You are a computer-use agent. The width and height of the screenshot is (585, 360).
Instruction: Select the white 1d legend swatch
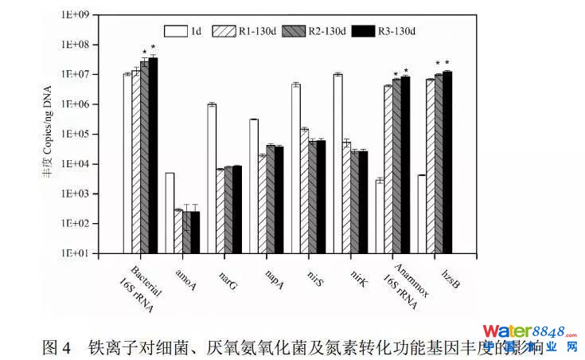click(174, 31)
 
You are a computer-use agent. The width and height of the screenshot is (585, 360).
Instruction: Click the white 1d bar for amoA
click(170, 213)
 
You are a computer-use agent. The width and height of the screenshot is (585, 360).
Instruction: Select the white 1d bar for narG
click(212, 178)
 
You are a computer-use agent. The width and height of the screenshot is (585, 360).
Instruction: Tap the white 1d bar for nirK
click(337, 163)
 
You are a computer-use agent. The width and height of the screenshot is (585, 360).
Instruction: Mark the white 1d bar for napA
click(254, 186)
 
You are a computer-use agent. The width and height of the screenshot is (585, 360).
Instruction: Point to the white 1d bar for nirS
click(296, 168)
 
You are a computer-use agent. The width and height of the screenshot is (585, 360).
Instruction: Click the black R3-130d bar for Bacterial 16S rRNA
click(154, 155)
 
